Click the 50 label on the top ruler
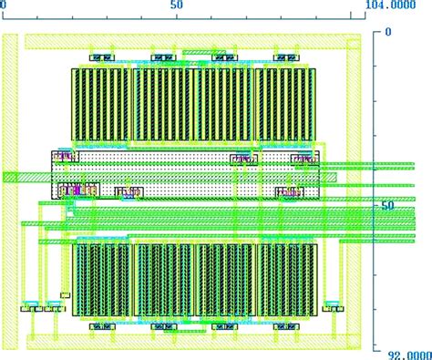click(x=178, y=5)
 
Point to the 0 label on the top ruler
click(x=5, y=5)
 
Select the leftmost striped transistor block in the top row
click(x=101, y=105)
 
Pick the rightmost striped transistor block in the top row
click(x=285, y=105)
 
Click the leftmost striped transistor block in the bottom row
click(x=101, y=279)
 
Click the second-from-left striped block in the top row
click(x=164, y=105)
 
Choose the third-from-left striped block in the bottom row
click(x=224, y=279)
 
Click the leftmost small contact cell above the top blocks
click(x=101, y=58)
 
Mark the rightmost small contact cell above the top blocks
click(x=285, y=58)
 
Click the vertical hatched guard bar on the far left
click(x=10, y=191)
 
